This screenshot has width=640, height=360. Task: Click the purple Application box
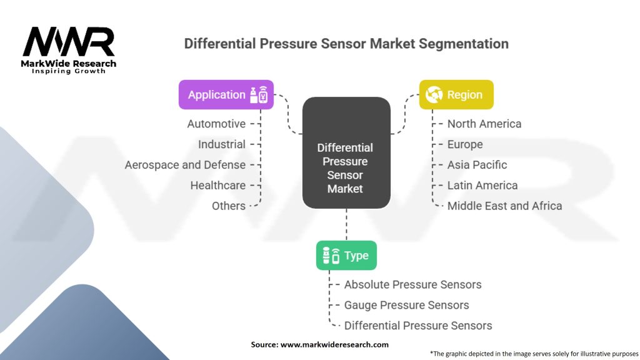click(226, 95)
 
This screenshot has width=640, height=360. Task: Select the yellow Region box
click(456, 95)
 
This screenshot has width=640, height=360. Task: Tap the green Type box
click(346, 256)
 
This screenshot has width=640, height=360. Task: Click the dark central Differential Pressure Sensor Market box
click(346, 152)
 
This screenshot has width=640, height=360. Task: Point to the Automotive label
click(216, 124)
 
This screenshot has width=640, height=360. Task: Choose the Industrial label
click(222, 144)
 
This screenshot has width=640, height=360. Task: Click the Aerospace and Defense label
click(185, 165)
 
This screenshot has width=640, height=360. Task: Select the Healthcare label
click(218, 185)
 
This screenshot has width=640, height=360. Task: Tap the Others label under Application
click(229, 206)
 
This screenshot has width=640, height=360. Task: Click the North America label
click(484, 124)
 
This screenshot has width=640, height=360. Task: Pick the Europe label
click(465, 144)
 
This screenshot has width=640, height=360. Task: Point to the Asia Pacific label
click(477, 165)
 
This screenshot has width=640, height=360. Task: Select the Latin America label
click(482, 185)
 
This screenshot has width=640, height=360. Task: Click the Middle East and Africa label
click(504, 206)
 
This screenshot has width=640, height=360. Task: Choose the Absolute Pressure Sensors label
click(412, 284)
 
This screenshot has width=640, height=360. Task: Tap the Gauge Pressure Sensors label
click(406, 305)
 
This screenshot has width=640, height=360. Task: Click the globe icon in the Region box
click(434, 95)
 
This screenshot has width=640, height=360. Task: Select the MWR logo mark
click(69, 42)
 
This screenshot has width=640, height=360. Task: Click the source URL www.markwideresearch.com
click(334, 344)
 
